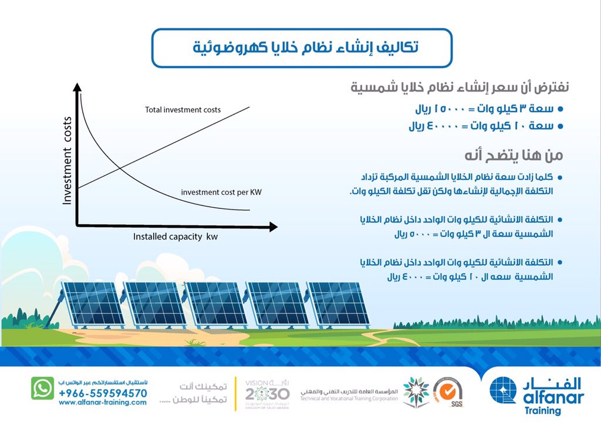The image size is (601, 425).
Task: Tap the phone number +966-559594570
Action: pos(103,393)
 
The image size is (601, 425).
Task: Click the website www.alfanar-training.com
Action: pos(103,402)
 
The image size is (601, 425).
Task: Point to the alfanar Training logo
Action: pos(537,393)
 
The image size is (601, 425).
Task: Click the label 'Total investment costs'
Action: pos(183,110)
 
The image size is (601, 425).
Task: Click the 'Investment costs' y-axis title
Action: pos(67,160)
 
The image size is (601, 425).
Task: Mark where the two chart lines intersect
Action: pos(120,169)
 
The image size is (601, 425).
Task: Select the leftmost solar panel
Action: pos(93,303)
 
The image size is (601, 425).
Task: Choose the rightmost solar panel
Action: pos(338,303)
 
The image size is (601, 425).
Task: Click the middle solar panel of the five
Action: pos(216,303)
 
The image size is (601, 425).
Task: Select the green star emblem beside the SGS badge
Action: pos(415,391)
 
